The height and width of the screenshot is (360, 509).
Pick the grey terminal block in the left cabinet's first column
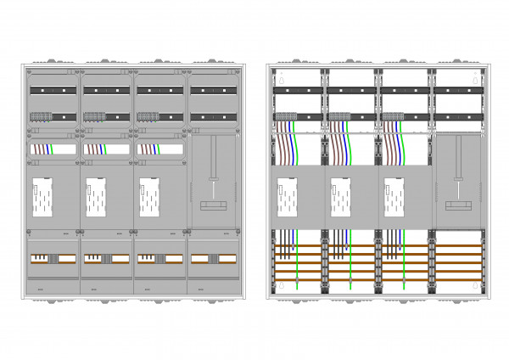click(42, 118)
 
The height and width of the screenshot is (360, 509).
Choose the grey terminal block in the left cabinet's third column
click(147, 118)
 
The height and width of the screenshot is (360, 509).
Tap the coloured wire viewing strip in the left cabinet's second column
click(106, 149)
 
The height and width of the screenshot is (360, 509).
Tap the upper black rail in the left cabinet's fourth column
click(212, 89)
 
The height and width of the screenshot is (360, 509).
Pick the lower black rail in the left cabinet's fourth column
click(212, 117)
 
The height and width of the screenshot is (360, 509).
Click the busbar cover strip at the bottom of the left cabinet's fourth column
click(212, 258)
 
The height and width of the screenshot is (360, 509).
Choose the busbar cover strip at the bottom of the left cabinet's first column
click(53, 258)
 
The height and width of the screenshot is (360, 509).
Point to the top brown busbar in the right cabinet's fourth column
click(459, 246)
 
